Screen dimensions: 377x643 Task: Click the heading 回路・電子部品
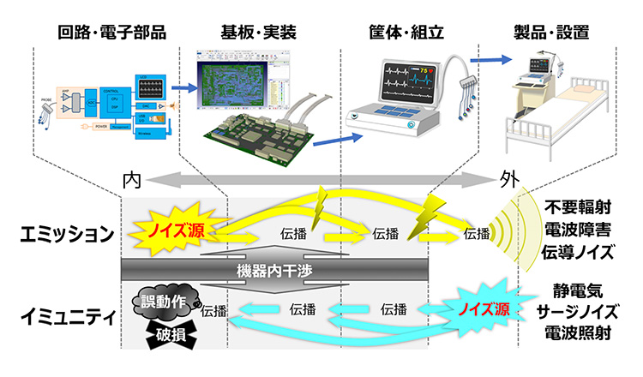click(111, 33)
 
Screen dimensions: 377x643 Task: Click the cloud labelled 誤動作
click(165, 301)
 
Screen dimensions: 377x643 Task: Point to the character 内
click(131, 181)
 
